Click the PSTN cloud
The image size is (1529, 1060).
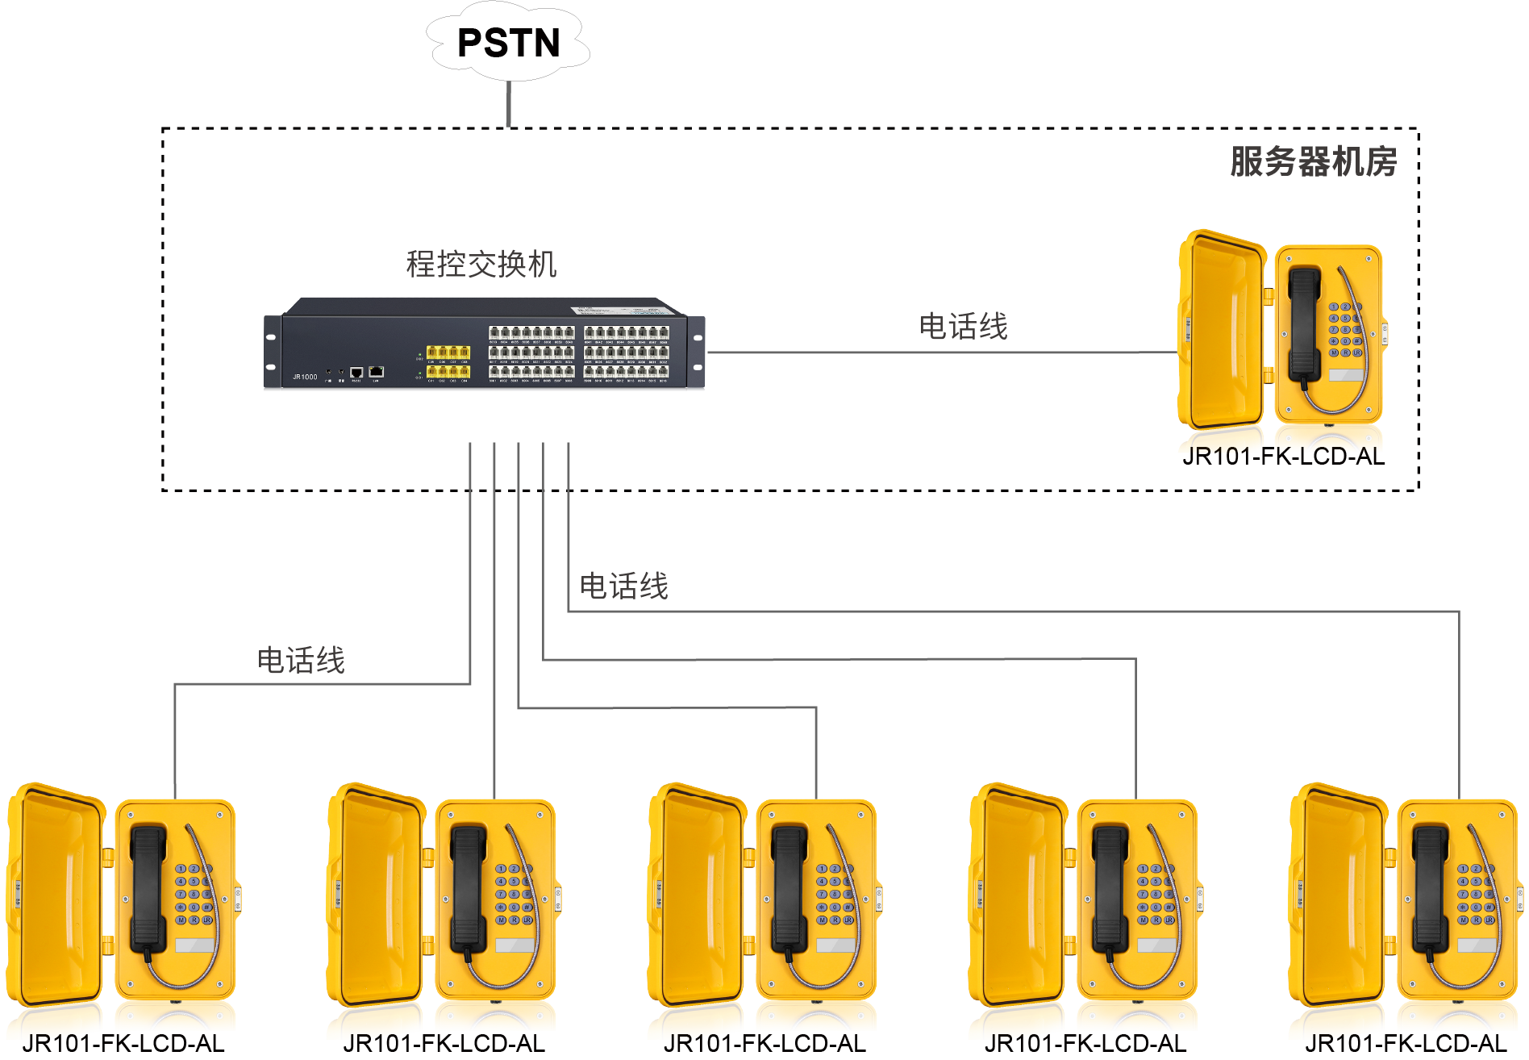508,43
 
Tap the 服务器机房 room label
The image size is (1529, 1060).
1313,161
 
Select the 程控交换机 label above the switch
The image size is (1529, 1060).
481,264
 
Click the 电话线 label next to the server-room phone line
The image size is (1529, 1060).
963,327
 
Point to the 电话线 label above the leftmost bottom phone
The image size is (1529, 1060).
301,660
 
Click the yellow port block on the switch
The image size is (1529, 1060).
448,361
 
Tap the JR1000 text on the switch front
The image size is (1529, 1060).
305,377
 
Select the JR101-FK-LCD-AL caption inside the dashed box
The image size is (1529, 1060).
1283,457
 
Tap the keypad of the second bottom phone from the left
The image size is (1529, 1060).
514,894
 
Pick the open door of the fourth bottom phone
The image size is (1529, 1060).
1018,895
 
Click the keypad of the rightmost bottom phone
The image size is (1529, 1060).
1477,894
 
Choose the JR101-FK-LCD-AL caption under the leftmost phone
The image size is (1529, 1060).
123,1043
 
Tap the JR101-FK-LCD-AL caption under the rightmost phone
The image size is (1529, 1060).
1406,1043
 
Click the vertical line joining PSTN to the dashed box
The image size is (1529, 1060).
508,104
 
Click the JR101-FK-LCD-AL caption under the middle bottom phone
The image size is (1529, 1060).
764,1043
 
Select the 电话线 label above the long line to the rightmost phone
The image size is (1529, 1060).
623,586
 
